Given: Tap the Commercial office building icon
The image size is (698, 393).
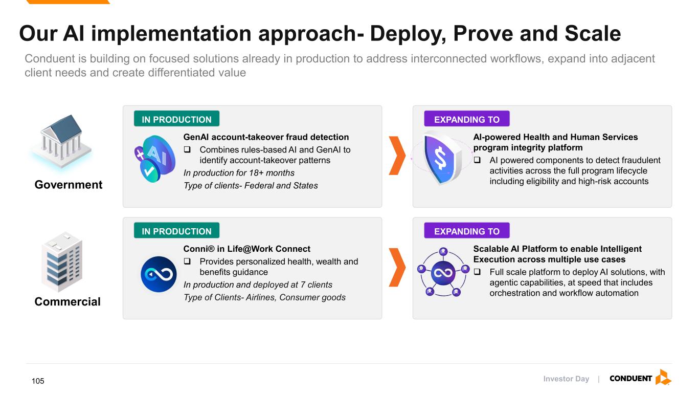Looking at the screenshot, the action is pyautogui.click(x=62, y=261).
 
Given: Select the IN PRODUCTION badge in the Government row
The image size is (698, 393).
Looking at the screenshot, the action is pyautogui.click(x=177, y=119).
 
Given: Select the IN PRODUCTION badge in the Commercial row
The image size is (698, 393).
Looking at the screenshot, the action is pyautogui.click(x=177, y=230).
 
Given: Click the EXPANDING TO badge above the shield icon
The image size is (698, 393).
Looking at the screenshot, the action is pyautogui.click(x=467, y=119).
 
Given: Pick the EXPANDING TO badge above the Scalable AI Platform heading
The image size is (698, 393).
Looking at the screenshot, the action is pyautogui.click(x=467, y=230).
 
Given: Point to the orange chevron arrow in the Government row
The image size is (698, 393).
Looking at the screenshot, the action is pyautogui.click(x=397, y=156).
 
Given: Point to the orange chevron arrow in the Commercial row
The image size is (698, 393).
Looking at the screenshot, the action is pyautogui.click(x=397, y=267).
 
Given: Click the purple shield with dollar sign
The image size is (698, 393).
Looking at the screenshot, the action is pyautogui.click(x=442, y=158).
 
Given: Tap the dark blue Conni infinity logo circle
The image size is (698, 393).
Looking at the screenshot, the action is pyautogui.click(x=159, y=274).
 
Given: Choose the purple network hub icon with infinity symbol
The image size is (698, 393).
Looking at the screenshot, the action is pyautogui.click(x=443, y=272).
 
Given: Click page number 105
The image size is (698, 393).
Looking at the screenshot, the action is pyautogui.click(x=38, y=381).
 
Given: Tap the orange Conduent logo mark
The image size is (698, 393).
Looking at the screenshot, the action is pyautogui.click(x=663, y=377).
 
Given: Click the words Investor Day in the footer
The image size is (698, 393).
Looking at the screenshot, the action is pyautogui.click(x=566, y=379).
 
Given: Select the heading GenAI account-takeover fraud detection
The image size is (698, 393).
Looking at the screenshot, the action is pyautogui.click(x=266, y=137).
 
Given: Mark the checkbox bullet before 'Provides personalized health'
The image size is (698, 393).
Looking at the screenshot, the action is pyautogui.click(x=187, y=261).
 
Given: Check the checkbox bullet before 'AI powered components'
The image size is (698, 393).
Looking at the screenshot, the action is pyautogui.click(x=477, y=160).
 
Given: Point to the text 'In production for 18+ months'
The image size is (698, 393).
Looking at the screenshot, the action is pyautogui.click(x=239, y=173).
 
